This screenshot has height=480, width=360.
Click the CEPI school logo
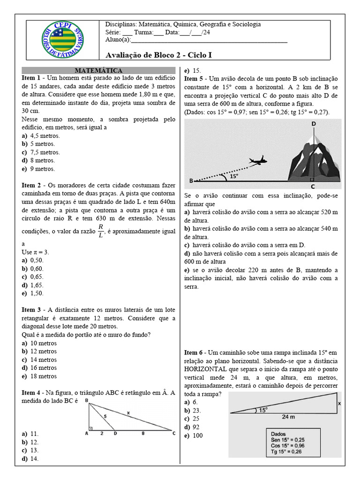pos(62,40)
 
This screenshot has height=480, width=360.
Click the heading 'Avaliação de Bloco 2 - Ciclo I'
pos(159,55)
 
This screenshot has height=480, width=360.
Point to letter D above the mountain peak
pos(313,123)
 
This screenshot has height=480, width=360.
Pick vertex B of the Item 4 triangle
pos(87,400)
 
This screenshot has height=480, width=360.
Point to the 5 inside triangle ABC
pos(105,415)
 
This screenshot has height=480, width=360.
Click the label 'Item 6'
pos(194,352)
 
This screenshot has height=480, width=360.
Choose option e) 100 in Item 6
pos(194,435)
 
